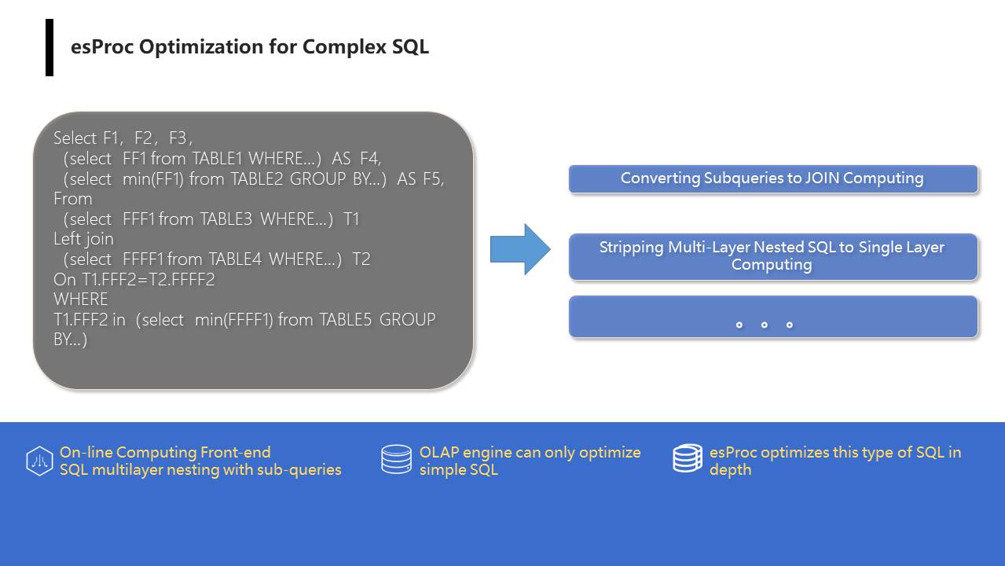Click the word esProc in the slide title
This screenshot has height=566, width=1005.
(x=102, y=46)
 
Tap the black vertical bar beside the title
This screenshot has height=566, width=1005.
(x=50, y=48)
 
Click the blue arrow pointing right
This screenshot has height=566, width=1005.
(x=520, y=249)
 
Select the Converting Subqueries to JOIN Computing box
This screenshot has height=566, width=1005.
(x=773, y=179)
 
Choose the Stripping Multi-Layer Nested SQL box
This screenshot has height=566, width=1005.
(x=773, y=257)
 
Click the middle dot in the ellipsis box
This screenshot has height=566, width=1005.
(x=764, y=325)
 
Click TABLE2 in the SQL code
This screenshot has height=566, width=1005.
(x=257, y=178)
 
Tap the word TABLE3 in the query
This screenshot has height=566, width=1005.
(x=226, y=219)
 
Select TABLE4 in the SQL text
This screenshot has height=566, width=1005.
(x=235, y=259)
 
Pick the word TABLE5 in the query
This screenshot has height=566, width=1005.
(x=346, y=320)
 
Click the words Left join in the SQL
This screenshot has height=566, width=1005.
(x=83, y=239)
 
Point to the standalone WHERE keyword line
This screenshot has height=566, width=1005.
(x=81, y=300)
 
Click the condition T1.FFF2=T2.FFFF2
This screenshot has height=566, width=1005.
(x=134, y=280)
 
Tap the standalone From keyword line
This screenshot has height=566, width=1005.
(x=72, y=199)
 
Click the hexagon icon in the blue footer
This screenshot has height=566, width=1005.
(x=39, y=461)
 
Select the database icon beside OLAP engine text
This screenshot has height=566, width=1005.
(x=396, y=459)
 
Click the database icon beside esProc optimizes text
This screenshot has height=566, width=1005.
(x=688, y=458)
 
